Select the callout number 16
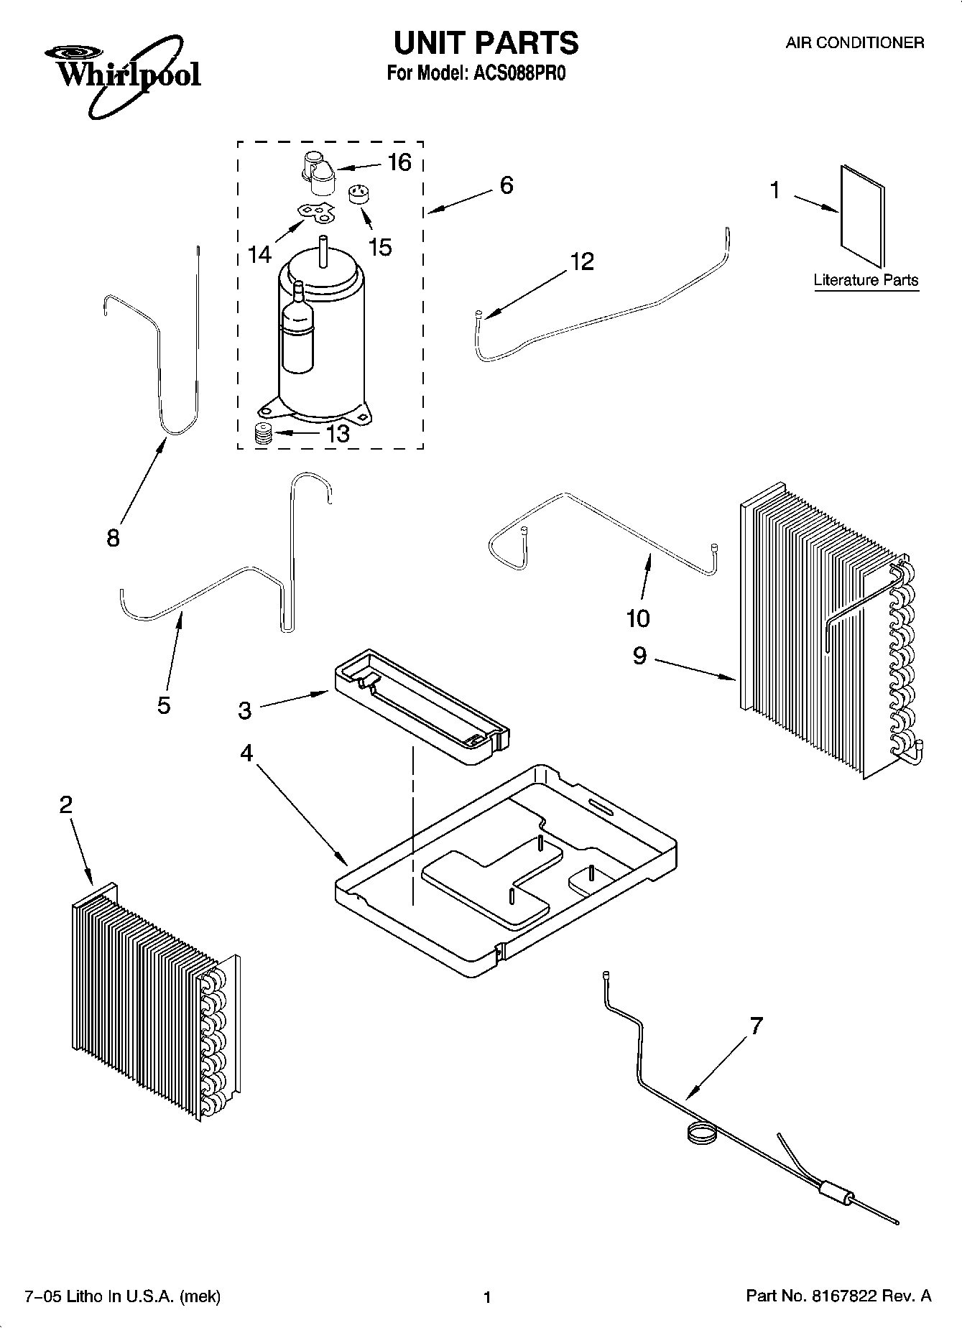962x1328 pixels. [399, 163]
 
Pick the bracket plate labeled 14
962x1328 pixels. [317, 213]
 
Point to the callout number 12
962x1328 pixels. [582, 261]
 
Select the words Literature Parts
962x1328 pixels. [866, 280]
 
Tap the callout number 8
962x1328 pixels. [113, 538]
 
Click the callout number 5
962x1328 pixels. [164, 705]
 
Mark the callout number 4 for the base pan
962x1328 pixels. [246, 753]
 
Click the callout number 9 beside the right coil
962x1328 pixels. [639, 656]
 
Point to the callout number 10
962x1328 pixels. [638, 617]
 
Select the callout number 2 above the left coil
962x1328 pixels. [65, 805]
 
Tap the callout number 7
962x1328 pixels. [756, 1026]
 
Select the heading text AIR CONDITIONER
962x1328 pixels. [854, 42]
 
